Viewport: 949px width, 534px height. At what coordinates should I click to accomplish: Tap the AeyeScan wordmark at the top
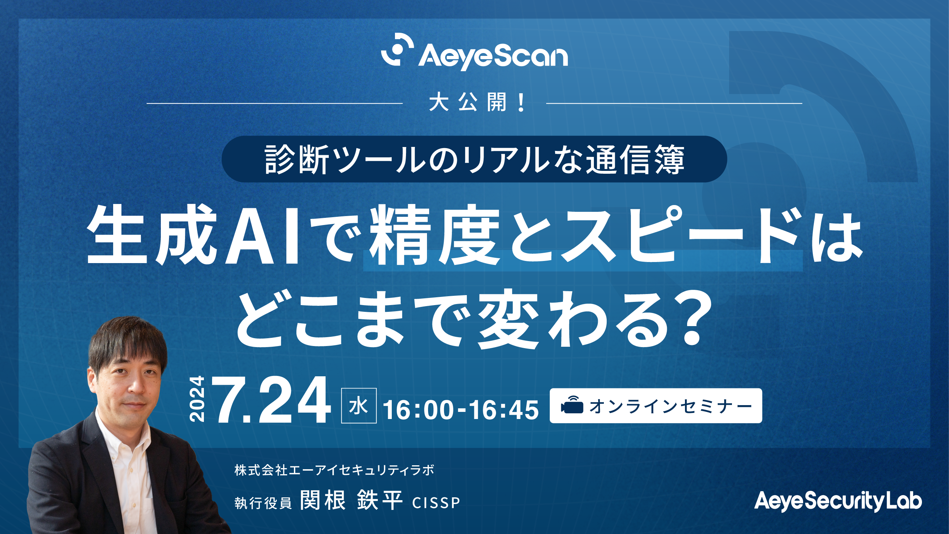click(493, 57)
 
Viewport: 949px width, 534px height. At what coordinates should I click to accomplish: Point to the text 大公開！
click(478, 103)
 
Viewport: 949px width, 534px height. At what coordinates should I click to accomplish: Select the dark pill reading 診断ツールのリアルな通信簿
click(474, 159)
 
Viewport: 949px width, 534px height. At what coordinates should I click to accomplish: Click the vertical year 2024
click(196, 399)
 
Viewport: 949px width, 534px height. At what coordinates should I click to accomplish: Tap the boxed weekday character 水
click(359, 406)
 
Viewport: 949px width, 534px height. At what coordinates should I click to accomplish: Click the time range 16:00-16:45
click(461, 410)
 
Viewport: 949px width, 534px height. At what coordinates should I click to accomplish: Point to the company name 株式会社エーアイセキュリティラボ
click(334, 470)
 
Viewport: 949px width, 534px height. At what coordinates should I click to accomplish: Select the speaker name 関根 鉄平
click(351, 500)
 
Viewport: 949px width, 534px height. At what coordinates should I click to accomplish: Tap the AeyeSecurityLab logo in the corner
click(838, 502)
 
